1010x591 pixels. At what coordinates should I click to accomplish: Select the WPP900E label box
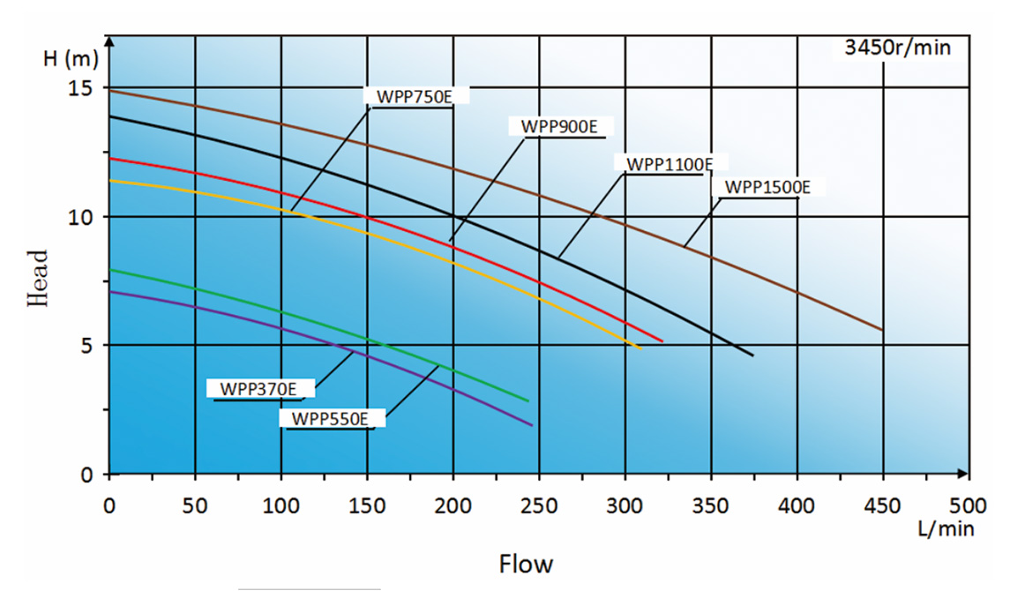[x=559, y=126]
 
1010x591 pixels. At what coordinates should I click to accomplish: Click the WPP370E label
[x=258, y=388]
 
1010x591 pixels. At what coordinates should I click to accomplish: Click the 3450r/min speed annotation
[x=897, y=48]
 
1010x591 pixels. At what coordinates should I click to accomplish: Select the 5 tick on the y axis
[x=88, y=345]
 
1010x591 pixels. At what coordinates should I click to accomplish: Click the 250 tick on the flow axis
[x=539, y=506]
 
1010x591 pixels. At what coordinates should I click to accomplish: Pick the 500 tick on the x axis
[x=969, y=506]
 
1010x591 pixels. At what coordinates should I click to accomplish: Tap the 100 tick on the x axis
[x=281, y=506]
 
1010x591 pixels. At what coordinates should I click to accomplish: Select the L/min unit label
[x=941, y=528]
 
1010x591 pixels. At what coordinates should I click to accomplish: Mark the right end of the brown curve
[x=881, y=330]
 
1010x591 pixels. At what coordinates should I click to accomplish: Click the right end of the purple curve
[x=532, y=425]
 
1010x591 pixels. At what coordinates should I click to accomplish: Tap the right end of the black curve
[x=752, y=355]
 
